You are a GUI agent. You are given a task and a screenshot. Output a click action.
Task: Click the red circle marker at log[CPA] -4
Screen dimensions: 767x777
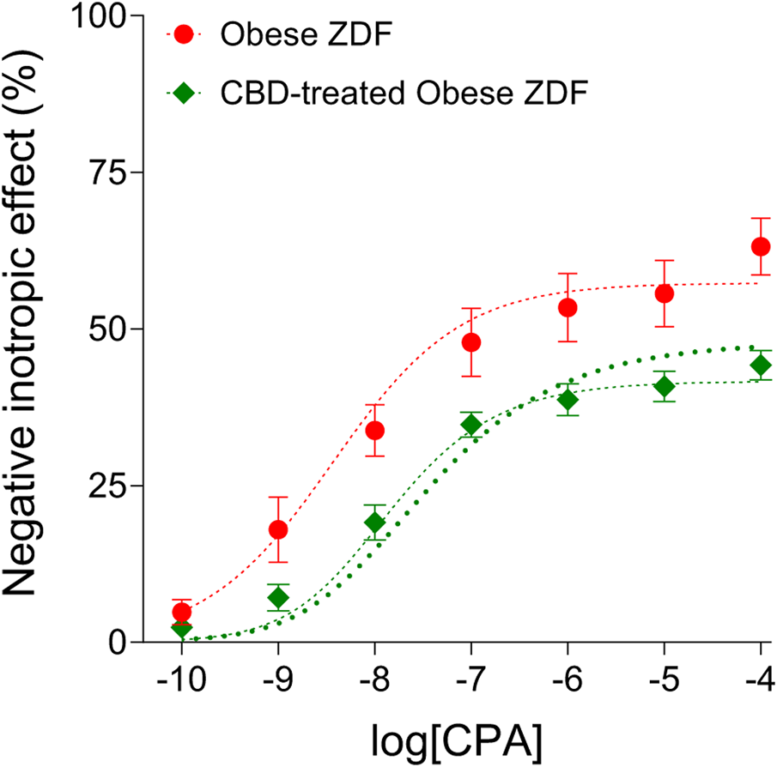[761, 246]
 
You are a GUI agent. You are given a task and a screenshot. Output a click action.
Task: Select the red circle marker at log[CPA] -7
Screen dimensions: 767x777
[471, 342]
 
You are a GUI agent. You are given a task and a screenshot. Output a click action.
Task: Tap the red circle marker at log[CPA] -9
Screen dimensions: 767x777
[278, 529]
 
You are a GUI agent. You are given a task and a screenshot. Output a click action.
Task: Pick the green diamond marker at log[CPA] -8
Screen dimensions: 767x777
[374, 522]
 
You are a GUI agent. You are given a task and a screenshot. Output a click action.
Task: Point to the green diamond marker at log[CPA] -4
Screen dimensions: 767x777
[761, 365]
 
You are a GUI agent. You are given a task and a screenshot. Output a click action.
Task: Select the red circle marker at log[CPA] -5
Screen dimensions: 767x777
[664, 293]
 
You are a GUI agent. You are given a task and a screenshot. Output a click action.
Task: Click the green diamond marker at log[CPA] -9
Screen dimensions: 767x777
[278, 597]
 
